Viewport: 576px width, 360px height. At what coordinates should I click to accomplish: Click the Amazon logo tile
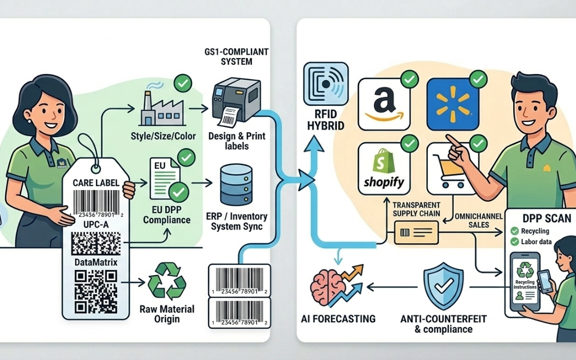coord(383,104)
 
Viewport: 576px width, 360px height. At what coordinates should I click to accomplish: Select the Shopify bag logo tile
coord(384,168)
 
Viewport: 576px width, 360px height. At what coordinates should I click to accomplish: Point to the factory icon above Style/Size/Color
coord(157,108)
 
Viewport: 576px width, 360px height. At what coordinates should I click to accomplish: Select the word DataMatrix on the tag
coord(96,262)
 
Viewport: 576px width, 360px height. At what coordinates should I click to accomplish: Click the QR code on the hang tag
coord(96,291)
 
